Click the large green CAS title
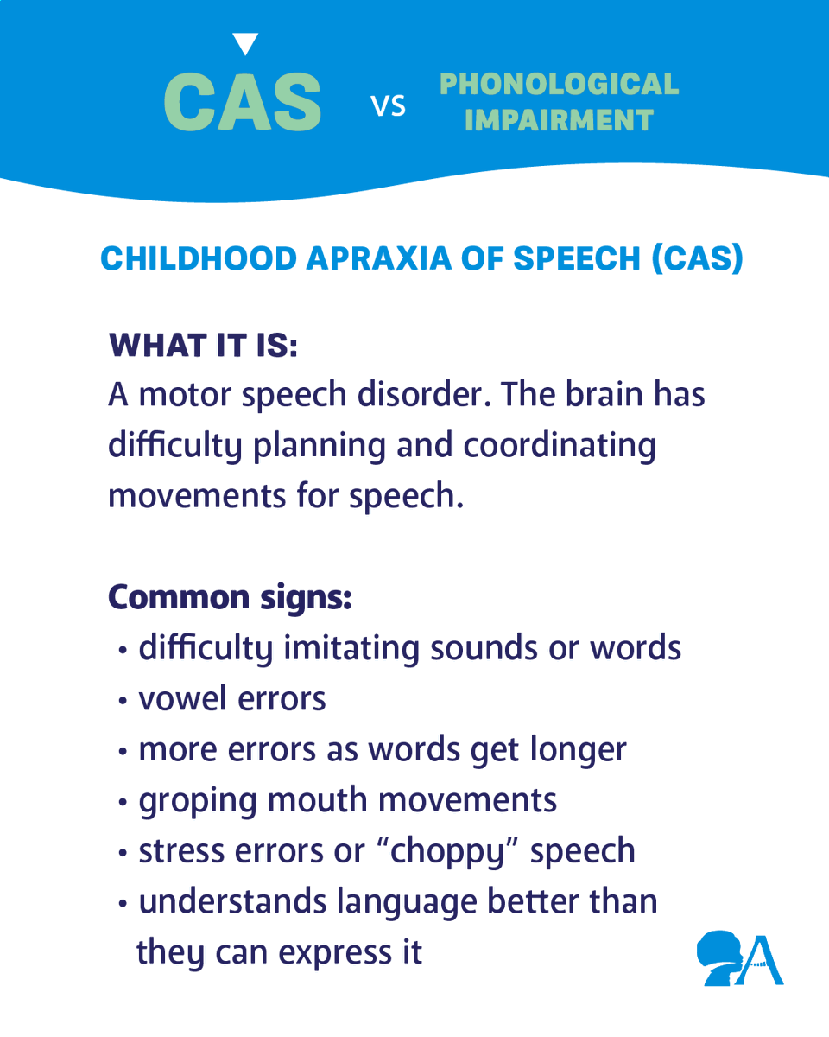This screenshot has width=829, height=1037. [243, 102]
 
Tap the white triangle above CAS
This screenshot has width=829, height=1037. [246, 43]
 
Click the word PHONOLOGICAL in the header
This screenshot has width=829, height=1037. [559, 85]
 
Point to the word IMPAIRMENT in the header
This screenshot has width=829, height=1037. [559, 120]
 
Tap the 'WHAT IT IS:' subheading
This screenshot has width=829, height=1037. [203, 346]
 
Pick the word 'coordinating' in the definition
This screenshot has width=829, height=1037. [560, 446]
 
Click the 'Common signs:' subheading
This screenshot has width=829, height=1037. [229, 597]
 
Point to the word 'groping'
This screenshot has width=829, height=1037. [198, 801]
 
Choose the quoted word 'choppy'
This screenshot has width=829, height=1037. [446, 852]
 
